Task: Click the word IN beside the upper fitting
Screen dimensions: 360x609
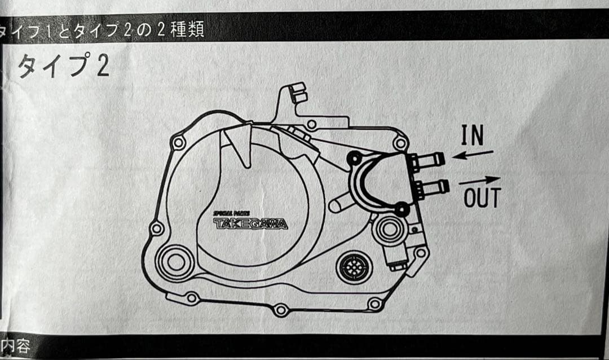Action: click(x=473, y=135)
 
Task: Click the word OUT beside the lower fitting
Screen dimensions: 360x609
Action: click(x=482, y=198)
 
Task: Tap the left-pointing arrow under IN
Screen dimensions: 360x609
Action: click(x=473, y=154)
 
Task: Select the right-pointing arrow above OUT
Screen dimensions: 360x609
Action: click(x=479, y=181)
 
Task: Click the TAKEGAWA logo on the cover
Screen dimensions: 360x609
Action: click(x=250, y=224)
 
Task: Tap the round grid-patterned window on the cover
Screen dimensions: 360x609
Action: click(x=354, y=267)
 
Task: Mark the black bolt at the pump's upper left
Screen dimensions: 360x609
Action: click(x=354, y=159)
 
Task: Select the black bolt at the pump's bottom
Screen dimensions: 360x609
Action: click(x=401, y=210)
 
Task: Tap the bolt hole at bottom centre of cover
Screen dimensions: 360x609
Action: click(x=280, y=310)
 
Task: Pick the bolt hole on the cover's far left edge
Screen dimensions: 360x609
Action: click(x=157, y=229)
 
